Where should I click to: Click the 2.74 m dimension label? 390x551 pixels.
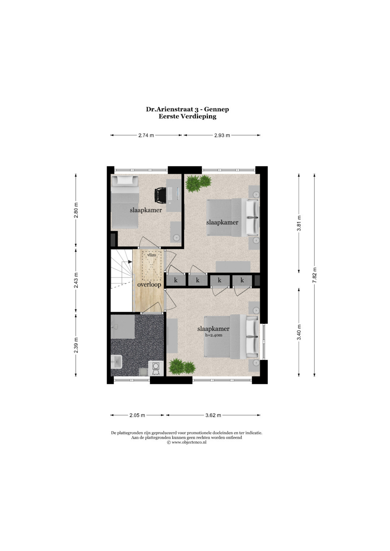click(146, 135)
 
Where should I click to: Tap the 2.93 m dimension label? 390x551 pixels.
click(222, 135)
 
